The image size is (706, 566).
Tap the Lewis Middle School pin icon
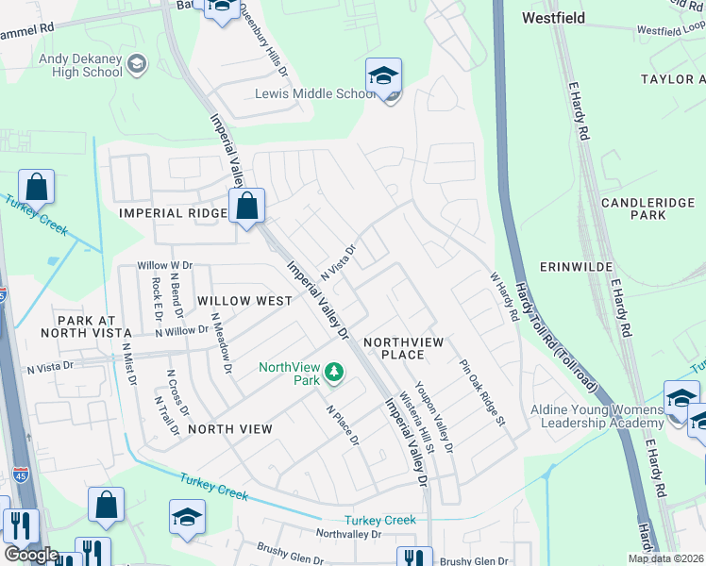[383, 77]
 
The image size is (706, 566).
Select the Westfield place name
[553, 18]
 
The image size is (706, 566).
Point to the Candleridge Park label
[647, 208]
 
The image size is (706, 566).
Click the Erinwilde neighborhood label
[646, 267]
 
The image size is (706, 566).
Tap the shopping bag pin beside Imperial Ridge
[246, 206]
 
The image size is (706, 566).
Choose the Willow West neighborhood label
[244, 301]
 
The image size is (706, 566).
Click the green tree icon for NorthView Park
[333, 374]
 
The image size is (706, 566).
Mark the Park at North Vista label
[86, 327]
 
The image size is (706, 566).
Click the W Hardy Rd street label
[504, 297]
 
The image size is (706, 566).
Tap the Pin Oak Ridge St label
[483, 391]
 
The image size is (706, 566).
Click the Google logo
[30, 555]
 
